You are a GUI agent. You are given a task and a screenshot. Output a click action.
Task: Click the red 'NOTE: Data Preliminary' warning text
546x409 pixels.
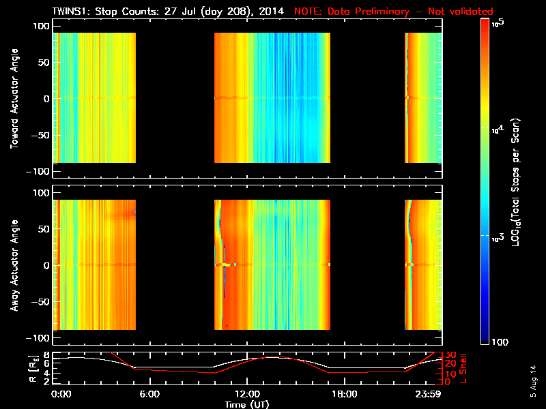393,12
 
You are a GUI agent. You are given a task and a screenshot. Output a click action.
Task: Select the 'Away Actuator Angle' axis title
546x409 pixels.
13,267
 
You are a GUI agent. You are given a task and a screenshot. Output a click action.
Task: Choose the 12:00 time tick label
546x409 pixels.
246,394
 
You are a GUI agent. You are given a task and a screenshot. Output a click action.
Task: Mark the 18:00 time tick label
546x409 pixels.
343,394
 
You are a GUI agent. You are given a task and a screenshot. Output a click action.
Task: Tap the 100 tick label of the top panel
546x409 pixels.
40,25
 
